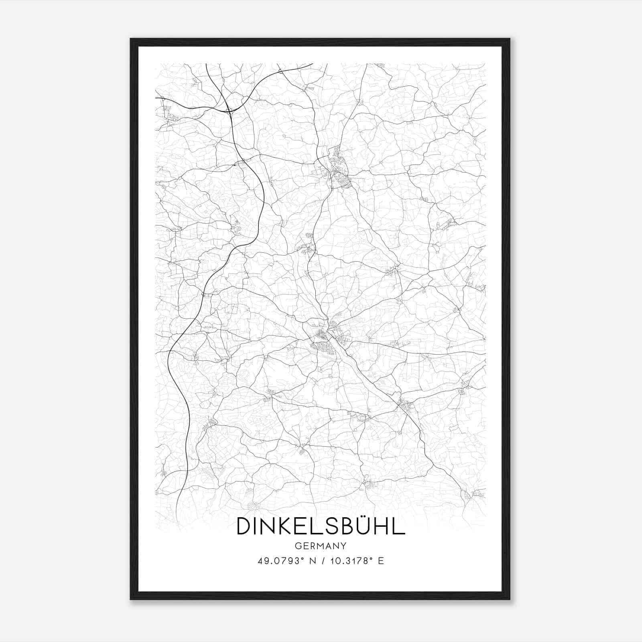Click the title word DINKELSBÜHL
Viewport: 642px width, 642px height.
[x=321, y=526]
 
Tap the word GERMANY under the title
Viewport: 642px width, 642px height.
[x=321, y=546]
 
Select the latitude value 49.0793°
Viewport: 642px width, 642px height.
[x=279, y=561]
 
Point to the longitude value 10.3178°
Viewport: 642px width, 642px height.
[x=348, y=561]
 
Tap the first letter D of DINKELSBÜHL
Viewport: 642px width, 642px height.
[x=244, y=526]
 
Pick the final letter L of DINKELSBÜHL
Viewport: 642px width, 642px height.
[x=397, y=526]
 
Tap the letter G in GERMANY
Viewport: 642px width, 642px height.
[x=297, y=546]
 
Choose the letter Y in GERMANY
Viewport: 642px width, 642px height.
[x=344, y=546]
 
